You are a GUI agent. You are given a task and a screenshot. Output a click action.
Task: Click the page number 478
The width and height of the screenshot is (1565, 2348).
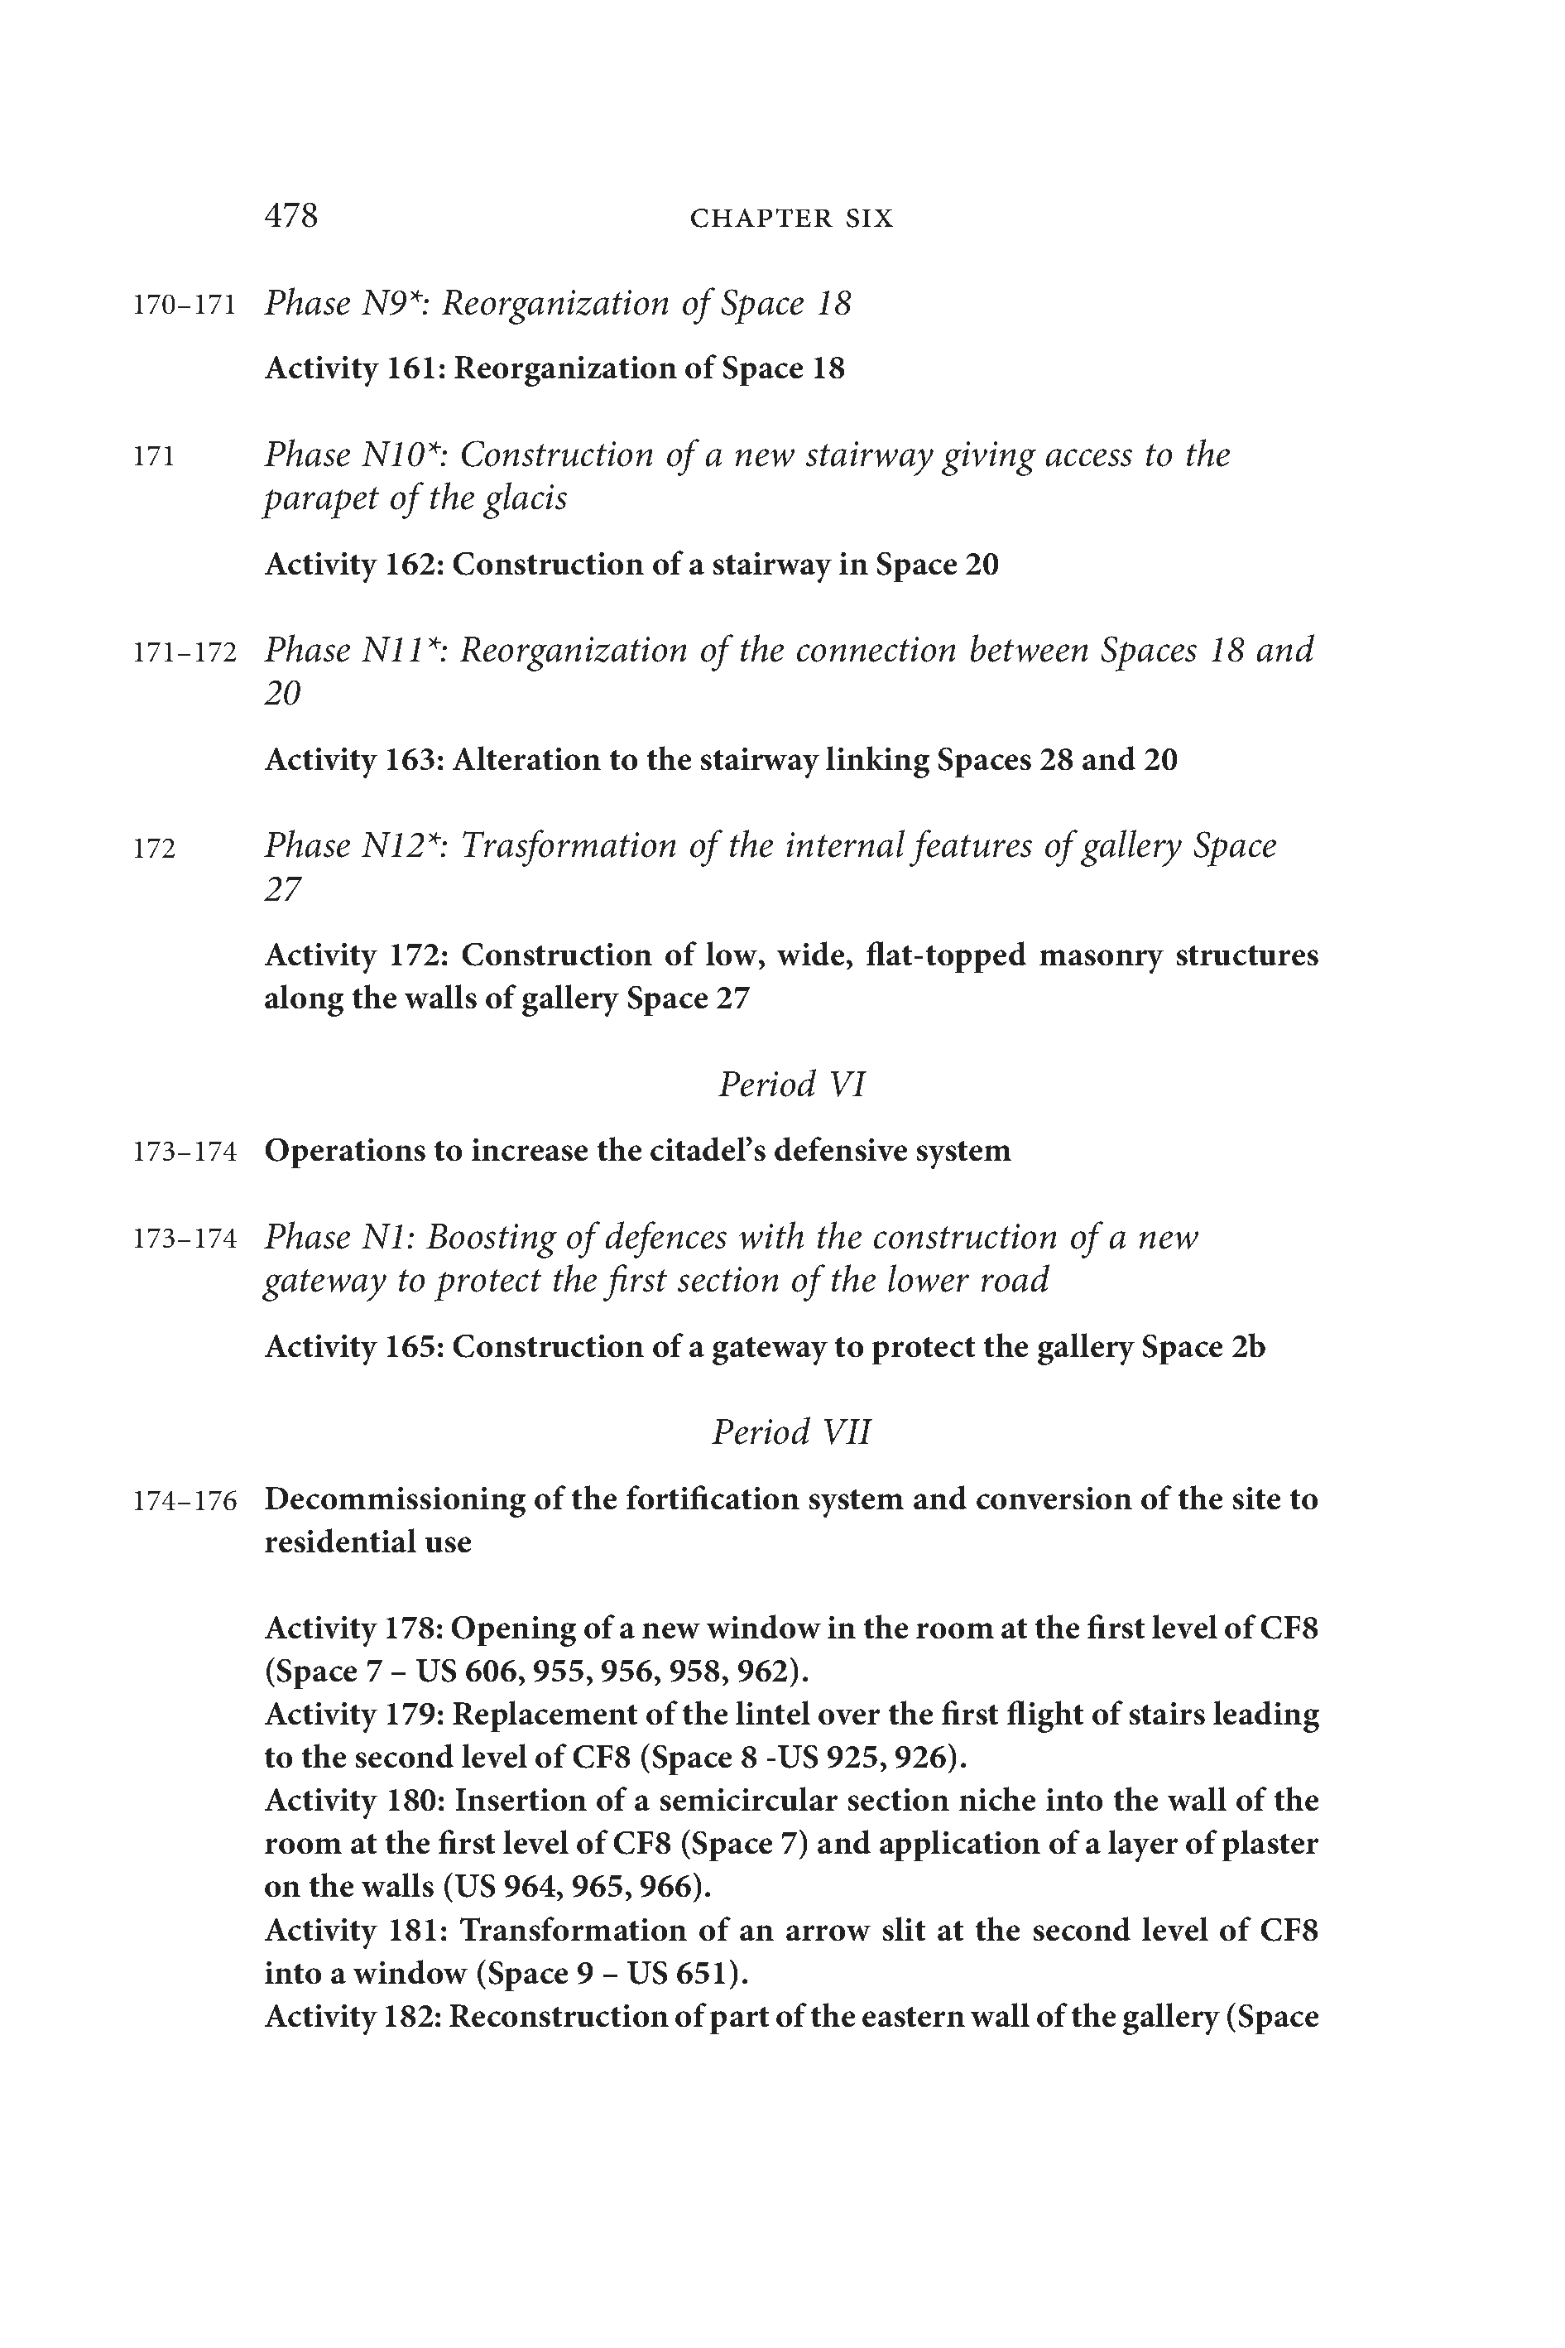[290, 215]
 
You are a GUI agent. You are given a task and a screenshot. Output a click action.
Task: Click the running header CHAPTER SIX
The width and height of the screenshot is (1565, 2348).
[791, 219]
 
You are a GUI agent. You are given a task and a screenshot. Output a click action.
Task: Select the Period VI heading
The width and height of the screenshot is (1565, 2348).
[791, 1084]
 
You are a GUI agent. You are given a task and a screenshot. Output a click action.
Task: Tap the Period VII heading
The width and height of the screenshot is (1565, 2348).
[791, 1431]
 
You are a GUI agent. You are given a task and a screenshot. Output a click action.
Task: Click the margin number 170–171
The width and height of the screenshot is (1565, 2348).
[185, 305]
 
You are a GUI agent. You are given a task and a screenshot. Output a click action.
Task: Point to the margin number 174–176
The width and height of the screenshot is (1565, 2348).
[185, 1501]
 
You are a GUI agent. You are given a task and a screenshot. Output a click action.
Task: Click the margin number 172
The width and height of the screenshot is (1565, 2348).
[154, 849]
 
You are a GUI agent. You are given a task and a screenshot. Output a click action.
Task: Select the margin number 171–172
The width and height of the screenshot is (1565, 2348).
[185, 653]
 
